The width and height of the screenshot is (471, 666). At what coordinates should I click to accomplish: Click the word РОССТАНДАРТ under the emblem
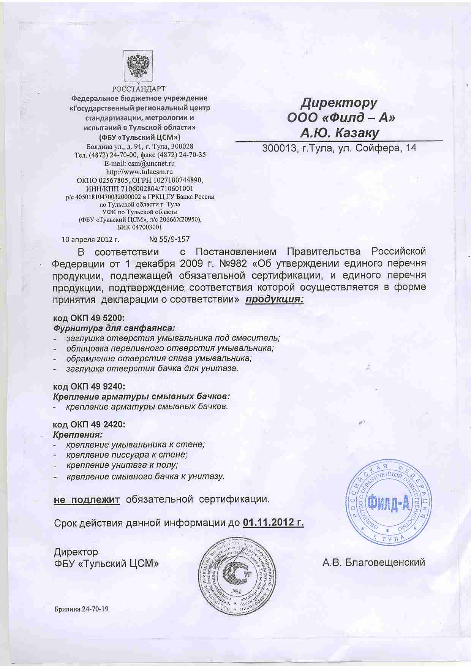139,89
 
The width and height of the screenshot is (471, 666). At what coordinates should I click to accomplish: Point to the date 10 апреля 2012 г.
90,239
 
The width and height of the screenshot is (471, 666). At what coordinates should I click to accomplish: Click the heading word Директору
339,103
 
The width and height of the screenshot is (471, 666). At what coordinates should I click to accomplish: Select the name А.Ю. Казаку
340,133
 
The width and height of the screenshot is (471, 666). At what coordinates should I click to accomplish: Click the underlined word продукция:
274,300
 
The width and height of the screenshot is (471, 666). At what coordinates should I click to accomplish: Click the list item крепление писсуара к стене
127,454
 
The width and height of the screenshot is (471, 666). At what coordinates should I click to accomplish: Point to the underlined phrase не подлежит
87,499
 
